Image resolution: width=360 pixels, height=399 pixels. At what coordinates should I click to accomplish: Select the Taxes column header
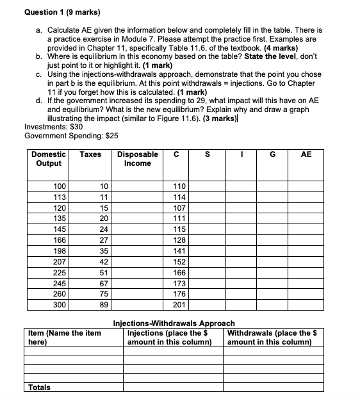tap(90, 154)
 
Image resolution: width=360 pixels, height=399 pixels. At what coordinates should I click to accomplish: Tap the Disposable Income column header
tap(138, 159)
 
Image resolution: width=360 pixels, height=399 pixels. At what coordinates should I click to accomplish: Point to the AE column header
tap(306, 154)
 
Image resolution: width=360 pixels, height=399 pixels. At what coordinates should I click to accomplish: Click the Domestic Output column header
tap(49, 159)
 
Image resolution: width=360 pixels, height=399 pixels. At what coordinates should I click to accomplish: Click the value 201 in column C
tap(179, 305)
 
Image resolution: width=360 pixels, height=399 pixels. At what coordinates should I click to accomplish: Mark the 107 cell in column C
tap(179, 208)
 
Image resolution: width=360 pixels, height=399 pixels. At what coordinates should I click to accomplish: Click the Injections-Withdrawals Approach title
tap(174, 323)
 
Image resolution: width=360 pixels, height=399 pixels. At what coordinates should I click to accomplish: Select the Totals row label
tap(40, 387)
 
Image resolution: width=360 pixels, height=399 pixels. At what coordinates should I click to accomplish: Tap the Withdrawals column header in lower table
tap(273, 337)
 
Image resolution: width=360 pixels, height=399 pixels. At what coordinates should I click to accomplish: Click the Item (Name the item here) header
tap(65, 337)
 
